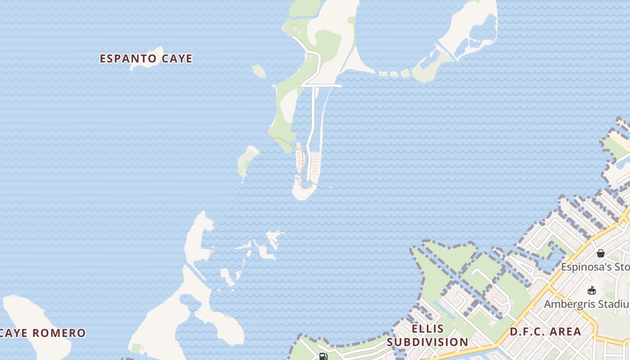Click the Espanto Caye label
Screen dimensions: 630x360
point(146,58)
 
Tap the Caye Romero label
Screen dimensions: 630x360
point(43,333)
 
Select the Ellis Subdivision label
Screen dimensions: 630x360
point(427,335)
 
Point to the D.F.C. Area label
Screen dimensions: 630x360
point(545,332)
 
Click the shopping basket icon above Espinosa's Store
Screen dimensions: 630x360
point(600,253)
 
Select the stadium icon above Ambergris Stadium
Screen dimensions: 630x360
point(592,291)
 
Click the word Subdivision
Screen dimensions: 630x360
point(427,342)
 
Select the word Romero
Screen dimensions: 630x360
point(58,333)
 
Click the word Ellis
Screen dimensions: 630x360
point(427,328)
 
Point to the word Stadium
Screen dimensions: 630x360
point(612,304)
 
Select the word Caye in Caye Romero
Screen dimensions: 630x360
point(13,333)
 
